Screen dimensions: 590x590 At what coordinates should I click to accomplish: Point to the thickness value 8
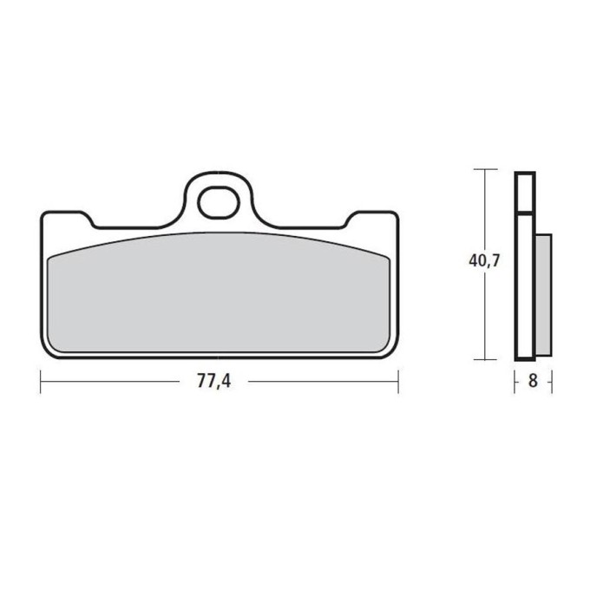pyautogui.click(x=533, y=380)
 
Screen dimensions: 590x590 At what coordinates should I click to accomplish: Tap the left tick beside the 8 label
pyautogui.click(x=515, y=380)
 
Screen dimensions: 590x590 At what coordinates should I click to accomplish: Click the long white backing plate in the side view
pyautogui.click(x=525, y=286)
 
